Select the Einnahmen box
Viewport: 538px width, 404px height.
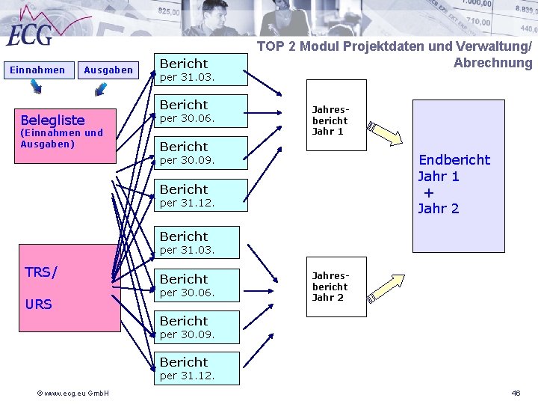tap(37, 70)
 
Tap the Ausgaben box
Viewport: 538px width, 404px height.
tap(108, 70)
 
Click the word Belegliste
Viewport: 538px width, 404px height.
tap(52, 120)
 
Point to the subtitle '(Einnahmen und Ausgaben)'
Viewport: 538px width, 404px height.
tap(61, 138)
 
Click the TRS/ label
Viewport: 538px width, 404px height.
tap(40, 272)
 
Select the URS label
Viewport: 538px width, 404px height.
tap(38, 304)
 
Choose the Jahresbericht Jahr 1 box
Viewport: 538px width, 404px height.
tap(330, 120)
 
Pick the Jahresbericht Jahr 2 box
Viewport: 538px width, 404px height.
tap(330, 287)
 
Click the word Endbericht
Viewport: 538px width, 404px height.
tap(454, 159)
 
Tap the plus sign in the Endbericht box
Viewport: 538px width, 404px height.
tap(428, 192)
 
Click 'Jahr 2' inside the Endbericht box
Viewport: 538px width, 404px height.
tap(439, 209)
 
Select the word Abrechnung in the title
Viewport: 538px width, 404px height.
tap(492, 63)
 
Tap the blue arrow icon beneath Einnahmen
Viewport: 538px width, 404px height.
tap(36, 88)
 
